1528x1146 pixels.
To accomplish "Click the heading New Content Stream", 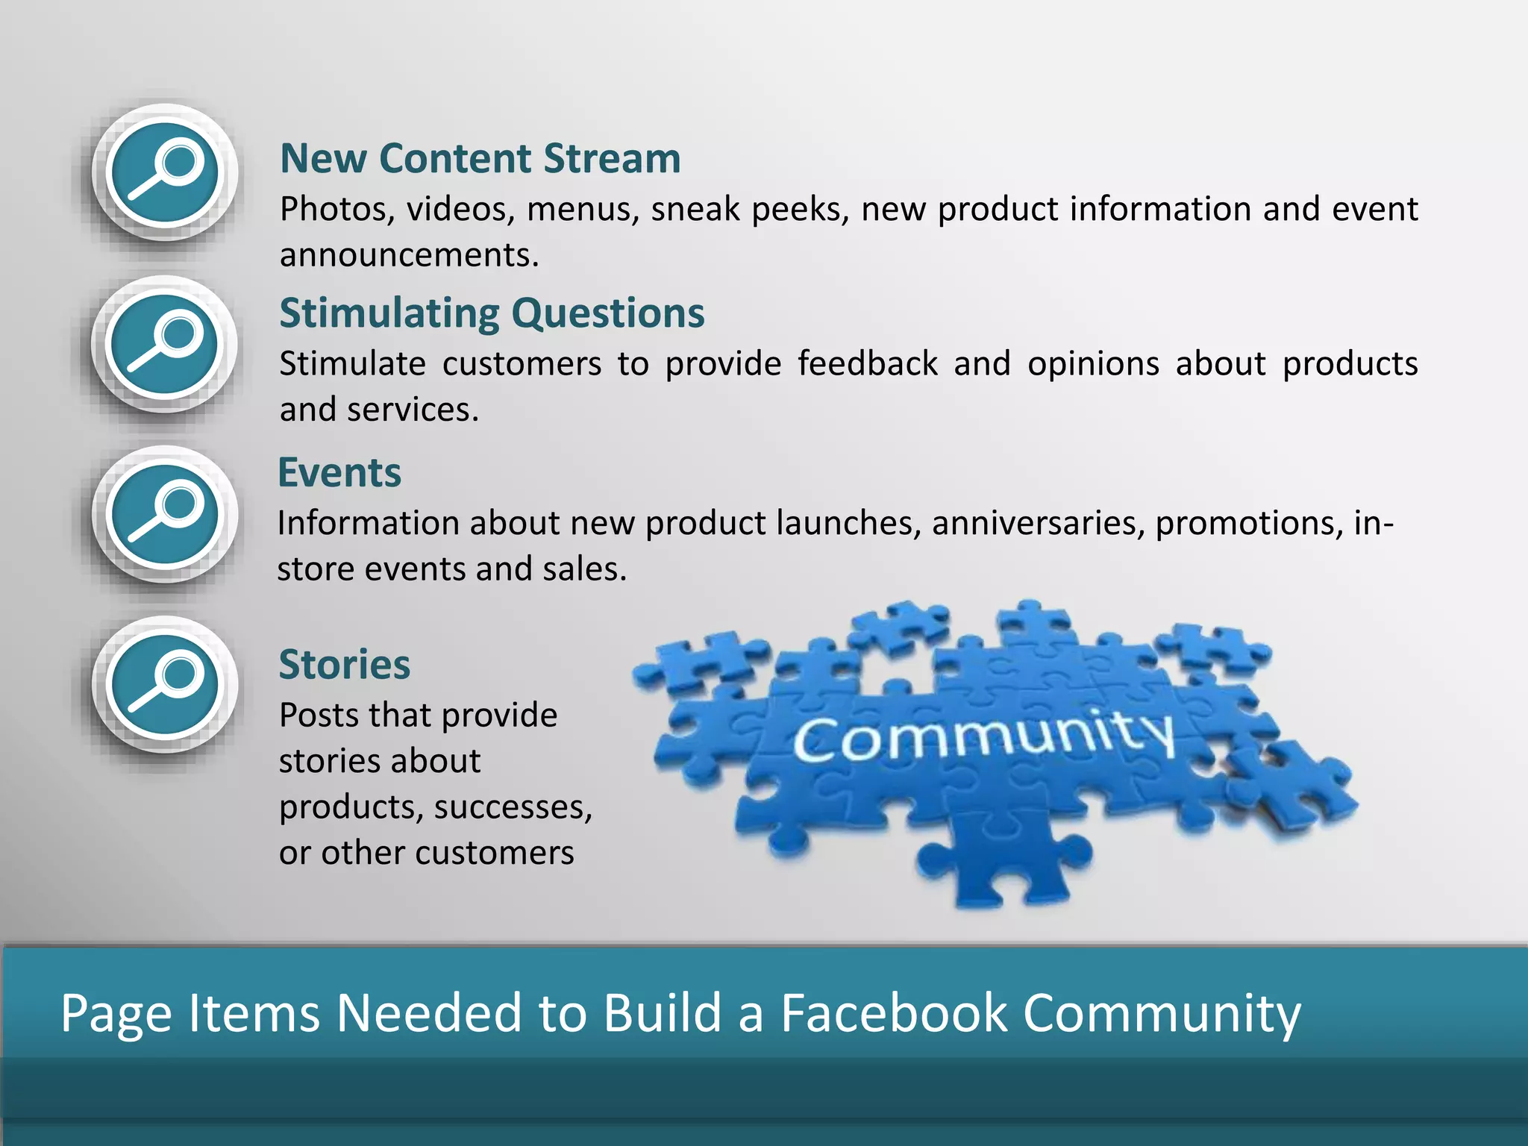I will pyautogui.click(x=480, y=159).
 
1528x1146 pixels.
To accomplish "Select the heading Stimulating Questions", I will pyautogui.click(x=492, y=313).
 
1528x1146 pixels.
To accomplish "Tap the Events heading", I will pyautogui.click(x=339, y=473).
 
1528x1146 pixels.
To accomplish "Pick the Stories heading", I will pyautogui.click(x=344, y=665).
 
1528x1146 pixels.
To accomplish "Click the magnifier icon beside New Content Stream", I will pyautogui.click(x=165, y=172).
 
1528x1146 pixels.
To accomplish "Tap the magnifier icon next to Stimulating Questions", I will pyautogui.click(x=165, y=345).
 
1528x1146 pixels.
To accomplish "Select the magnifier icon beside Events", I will pyautogui.click(x=165, y=515).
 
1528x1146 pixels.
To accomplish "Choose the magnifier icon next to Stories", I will pyautogui.click(x=165, y=685).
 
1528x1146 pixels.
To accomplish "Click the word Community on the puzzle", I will pyautogui.click(x=983, y=735).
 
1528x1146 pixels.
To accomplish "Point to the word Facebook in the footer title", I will pyautogui.click(x=894, y=1013).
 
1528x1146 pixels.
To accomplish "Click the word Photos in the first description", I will pyautogui.click(x=336, y=210).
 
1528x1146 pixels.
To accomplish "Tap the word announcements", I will pyautogui.click(x=409, y=256).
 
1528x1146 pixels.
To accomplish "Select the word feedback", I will pyautogui.click(x=867, y=364).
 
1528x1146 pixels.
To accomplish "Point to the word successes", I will pyautogui.click(x=513, y=807).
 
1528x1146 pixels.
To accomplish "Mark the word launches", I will pyautogui.click(x=842, y=523).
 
